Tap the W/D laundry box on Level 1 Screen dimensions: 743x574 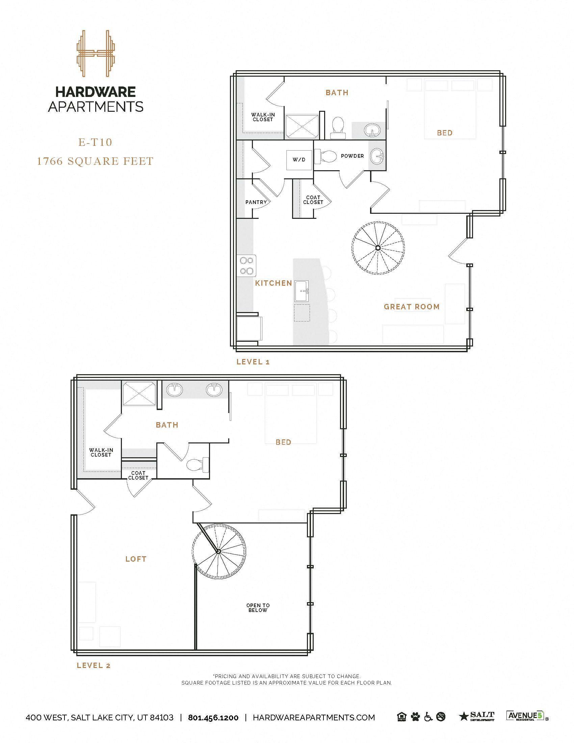click(x=299, y=159)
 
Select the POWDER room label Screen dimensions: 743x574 click(x=352, y=156)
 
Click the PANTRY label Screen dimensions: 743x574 click(x=256, y=202)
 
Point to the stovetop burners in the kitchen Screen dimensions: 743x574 click(x=246, y=266)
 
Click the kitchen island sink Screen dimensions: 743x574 click(x=301, y=291)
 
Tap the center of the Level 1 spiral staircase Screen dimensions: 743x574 click(x=378, y=248)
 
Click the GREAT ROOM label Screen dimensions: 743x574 click(x=412, y=307)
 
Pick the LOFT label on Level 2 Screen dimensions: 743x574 click(x=136, y=559)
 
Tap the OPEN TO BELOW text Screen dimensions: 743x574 click(x=258, y=608)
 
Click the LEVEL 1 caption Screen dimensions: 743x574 click(x=253, y=362)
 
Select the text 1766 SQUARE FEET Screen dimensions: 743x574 click(x=95, y=161)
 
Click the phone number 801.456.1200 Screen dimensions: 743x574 click(x=213, y=717)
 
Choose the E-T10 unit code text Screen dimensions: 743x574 click(x=95, y=142)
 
